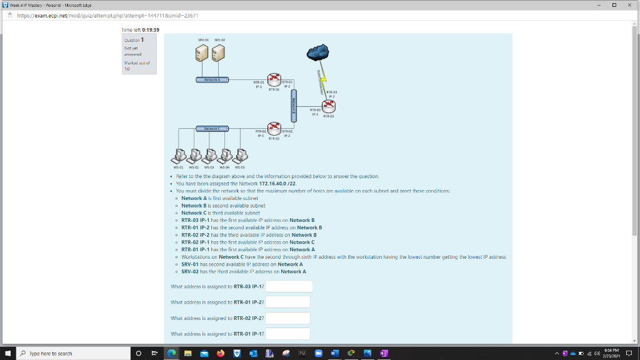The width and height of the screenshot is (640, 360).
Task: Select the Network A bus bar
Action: [x=212, y=80]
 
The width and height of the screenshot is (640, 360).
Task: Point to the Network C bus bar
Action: [x=212, y=128]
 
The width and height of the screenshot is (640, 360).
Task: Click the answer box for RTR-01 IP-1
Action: [x=288, y=334]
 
